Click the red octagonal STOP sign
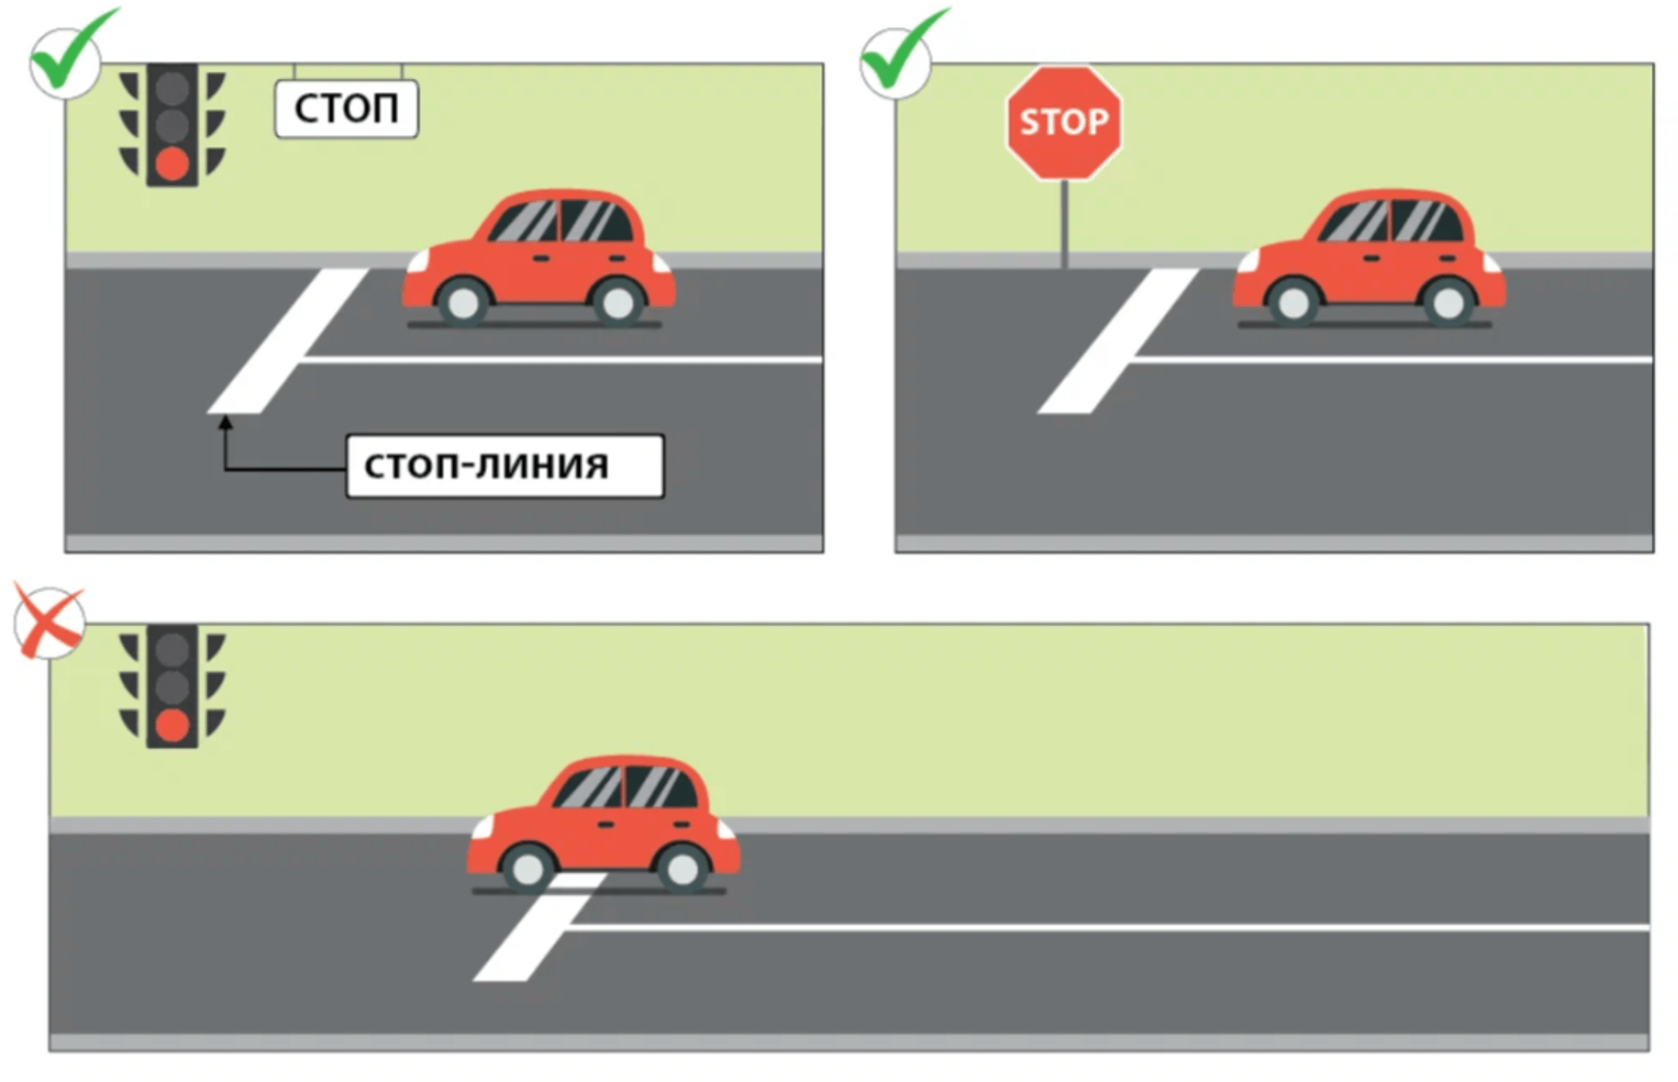1064,122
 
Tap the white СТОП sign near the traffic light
346,109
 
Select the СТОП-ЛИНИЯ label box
504,466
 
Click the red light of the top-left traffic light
172,164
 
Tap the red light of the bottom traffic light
172,725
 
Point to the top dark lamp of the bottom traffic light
172,650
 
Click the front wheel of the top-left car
463,302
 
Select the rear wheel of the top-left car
617,302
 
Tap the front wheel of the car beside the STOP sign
1294,302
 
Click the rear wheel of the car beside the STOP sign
1448,302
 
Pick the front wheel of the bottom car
528,868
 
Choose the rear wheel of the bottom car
682,868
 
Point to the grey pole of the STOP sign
1065,224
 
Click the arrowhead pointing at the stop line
226,423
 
